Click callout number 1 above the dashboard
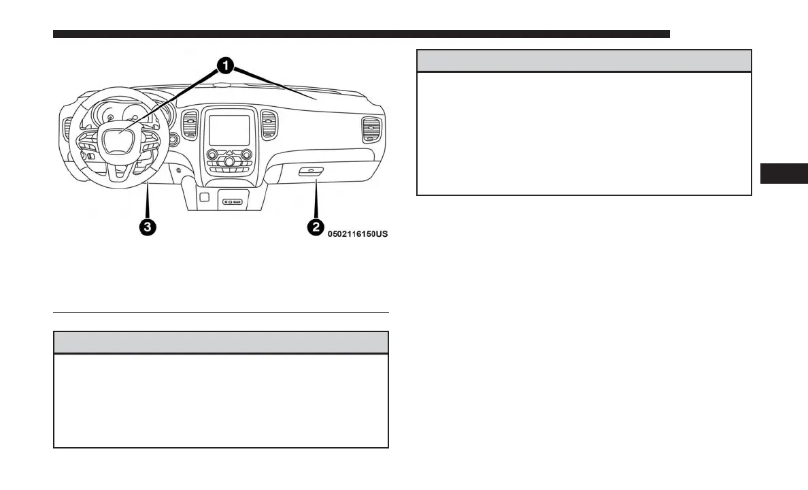tap(225, 65)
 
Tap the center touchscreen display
tap(229, 129)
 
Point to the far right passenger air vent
tap(372, 129)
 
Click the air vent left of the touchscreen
tap(190, 126)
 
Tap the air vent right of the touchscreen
tap(269, 126)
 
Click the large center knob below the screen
tap(229, 161)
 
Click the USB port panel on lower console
tap(233, 201)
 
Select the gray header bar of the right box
tap(584, 61)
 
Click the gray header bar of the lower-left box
tap(220, 342)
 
